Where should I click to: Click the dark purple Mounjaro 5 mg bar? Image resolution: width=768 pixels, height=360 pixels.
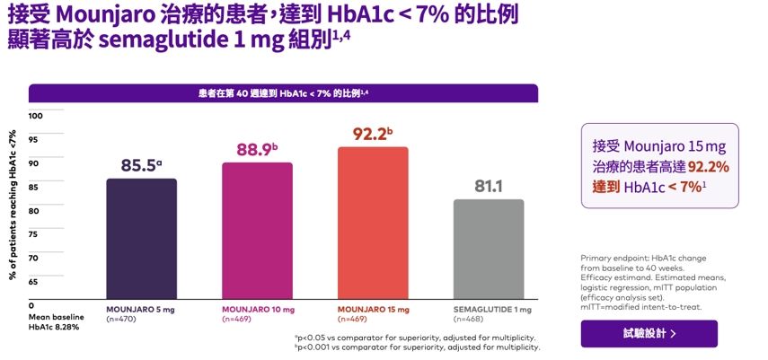141,238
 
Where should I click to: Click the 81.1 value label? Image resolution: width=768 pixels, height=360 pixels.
489,187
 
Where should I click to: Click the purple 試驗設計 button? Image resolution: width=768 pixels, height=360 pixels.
649,333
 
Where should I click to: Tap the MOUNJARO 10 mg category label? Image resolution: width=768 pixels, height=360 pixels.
258,309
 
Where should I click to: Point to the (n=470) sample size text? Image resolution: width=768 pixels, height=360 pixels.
122,319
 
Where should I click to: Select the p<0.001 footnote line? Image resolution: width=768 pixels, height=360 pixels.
416,347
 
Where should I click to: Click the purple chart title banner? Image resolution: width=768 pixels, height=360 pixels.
283,92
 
